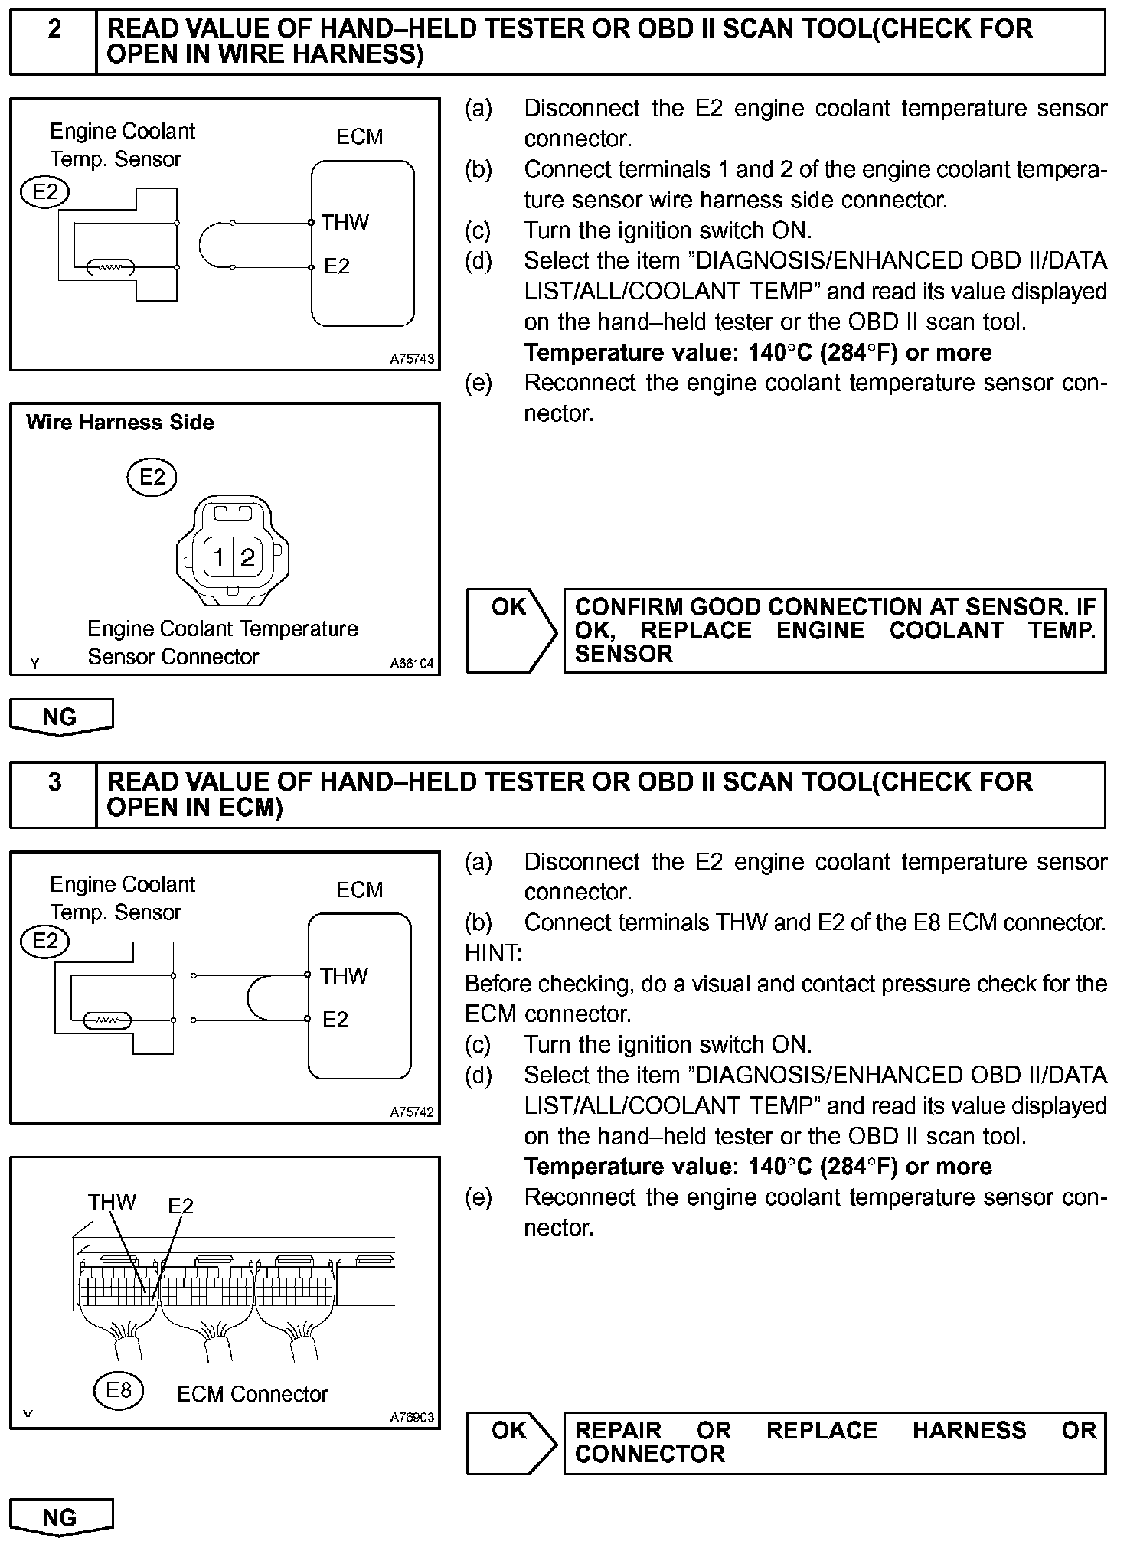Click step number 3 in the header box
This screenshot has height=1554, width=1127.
54,782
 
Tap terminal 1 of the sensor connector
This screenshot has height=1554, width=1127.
219,557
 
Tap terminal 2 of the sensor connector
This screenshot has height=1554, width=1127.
247,557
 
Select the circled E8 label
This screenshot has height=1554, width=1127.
119,1389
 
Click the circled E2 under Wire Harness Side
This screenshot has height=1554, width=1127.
152,478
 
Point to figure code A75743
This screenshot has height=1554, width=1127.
412,358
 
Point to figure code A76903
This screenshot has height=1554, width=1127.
412,1417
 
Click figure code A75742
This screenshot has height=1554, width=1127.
412,1112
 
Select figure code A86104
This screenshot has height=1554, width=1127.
412,664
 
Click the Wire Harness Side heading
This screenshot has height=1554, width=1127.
120,423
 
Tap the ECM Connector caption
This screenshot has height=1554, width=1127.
252,1394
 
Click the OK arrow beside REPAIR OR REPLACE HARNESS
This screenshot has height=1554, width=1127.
511,1443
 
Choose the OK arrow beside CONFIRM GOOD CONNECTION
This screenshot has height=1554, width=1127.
511,631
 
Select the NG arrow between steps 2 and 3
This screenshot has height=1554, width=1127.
60,717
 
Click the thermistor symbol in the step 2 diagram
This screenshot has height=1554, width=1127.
112,268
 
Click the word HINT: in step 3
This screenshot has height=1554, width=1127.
493,953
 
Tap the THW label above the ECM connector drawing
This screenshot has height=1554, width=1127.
112,1202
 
